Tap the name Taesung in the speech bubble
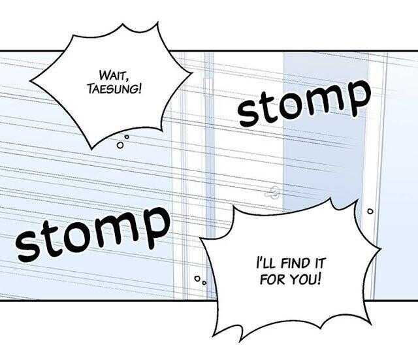[112, 89]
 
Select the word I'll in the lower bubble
[265, 263]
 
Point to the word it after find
[318, 263]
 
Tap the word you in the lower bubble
[301, 280]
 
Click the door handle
[272, 192]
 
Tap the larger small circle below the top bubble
[120, 145]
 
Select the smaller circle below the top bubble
[127, 137]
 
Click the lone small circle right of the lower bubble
[370, 212]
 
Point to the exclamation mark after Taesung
[138, 89]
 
